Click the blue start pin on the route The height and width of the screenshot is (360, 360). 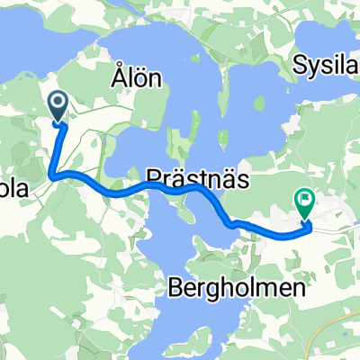point(58,107)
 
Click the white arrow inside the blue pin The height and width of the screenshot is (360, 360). point(58,104)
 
